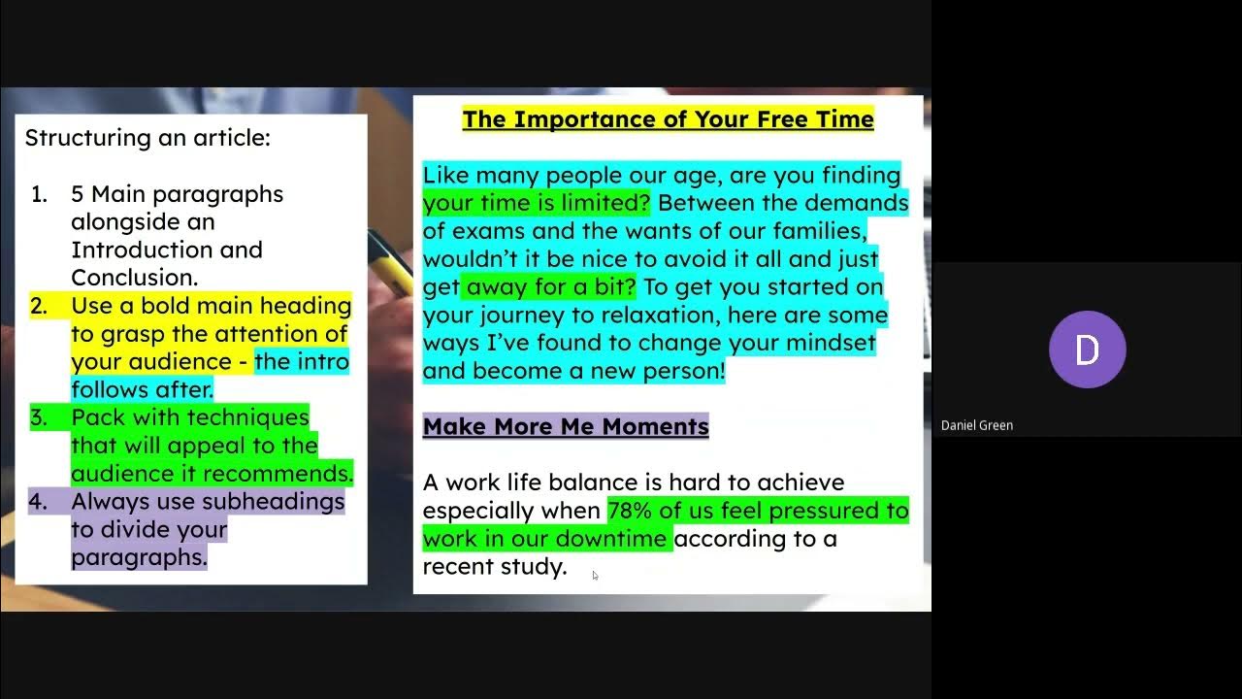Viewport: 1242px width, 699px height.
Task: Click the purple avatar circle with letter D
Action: point(1087,349)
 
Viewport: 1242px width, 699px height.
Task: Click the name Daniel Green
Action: point(976,425)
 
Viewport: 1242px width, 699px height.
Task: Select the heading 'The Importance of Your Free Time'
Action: point(668,119)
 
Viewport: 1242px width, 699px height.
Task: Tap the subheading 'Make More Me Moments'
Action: point(566,426)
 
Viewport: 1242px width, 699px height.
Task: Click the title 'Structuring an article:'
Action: point(147,138)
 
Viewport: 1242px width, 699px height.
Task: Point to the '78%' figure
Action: point(631,511)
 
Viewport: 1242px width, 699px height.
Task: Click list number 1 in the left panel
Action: point(39,194)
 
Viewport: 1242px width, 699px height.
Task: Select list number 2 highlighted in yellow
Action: point(39,307)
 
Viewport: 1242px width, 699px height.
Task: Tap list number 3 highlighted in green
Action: point(39,418)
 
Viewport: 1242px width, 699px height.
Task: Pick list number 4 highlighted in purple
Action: point(39,502)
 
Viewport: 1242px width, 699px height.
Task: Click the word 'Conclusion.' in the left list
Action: point(134,278)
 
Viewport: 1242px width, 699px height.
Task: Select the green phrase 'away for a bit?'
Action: point(550,287)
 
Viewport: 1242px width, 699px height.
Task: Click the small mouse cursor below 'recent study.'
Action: point(595,576)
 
